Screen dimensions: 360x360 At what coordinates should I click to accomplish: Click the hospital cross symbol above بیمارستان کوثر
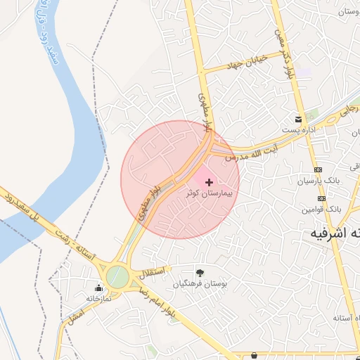[209, 182]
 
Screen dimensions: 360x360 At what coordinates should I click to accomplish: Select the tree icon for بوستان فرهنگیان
[200, 273]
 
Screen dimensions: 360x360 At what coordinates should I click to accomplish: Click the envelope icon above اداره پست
[299, 119]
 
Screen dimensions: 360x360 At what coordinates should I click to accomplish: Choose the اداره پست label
[298, 130]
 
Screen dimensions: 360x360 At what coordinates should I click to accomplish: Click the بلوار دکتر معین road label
[287, 56]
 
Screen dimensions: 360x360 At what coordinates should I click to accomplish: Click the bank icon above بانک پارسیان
[318, 169]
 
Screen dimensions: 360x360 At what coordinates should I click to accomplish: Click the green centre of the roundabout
[117, 276]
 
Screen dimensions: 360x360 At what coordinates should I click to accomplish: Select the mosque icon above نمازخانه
[98, 288]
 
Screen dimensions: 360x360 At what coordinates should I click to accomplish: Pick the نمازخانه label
[99, 298]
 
